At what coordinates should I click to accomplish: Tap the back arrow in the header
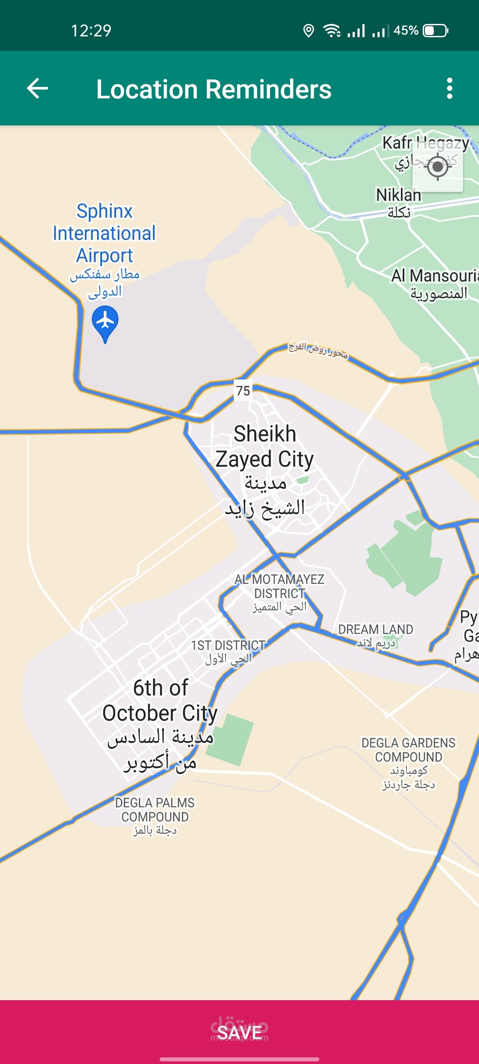38,89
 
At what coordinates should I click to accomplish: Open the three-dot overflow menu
450,89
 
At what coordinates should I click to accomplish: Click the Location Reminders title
214,89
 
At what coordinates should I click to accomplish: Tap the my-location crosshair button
438,167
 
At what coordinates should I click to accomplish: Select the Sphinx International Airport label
105,233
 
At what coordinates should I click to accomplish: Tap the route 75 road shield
243,391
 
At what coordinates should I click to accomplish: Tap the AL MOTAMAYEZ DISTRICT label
279,586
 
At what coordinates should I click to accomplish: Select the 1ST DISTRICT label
228,645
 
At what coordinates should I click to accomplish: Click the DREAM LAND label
376,630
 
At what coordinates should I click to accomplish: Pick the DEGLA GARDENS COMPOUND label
408,750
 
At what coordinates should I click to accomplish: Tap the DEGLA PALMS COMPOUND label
155,810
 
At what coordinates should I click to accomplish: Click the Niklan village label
398,195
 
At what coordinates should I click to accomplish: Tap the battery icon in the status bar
436,31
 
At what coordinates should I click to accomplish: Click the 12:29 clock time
91,31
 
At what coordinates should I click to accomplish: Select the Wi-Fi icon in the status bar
332,31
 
